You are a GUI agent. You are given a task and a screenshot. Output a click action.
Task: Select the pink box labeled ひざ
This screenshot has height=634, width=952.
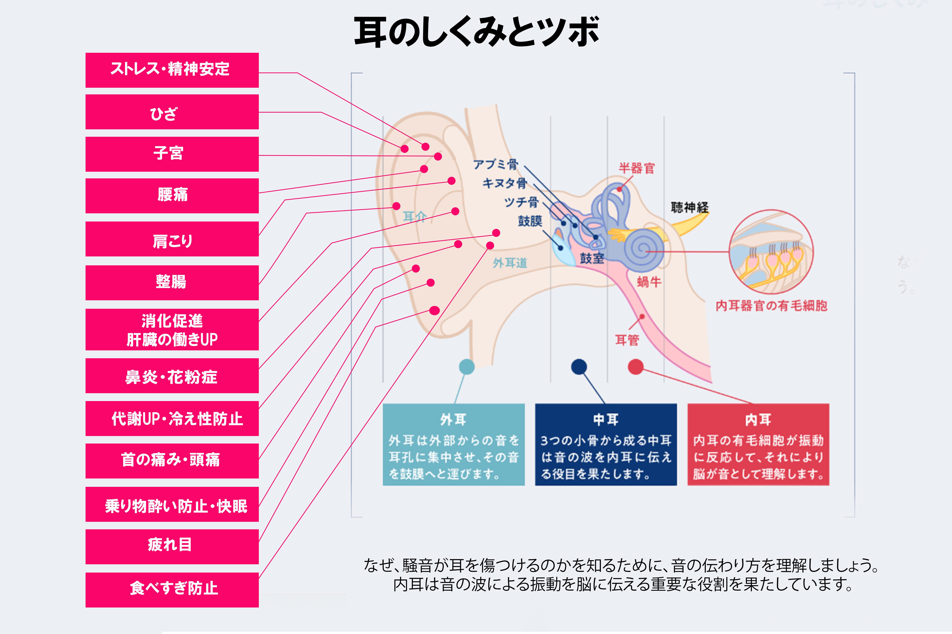172,112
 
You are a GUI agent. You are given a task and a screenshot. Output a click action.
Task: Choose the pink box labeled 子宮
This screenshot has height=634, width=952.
172,154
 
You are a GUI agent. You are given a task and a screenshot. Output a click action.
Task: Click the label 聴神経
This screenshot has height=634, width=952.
689,208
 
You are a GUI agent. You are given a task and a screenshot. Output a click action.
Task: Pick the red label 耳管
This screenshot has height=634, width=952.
627,340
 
